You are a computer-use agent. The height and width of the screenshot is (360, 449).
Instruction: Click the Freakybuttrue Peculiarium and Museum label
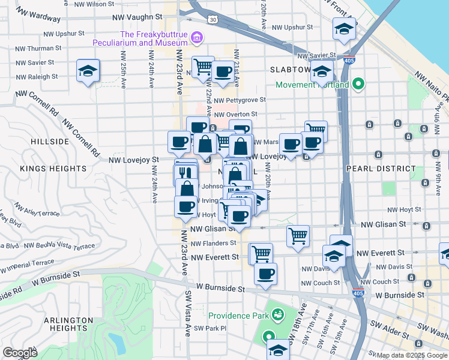[x=139, y=38]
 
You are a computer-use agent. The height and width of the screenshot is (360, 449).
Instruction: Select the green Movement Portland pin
[x=359, y=84]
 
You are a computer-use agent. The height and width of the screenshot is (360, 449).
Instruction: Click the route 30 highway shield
[x=212, y=20]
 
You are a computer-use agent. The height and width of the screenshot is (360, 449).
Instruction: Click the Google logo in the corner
[x=20, y=352]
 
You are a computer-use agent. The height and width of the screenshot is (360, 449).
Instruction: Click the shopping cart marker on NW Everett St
[x=261, y=253]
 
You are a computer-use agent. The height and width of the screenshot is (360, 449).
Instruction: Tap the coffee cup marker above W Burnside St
[x=265, y=274]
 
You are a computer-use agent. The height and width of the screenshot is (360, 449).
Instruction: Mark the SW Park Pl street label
[x=210, y=328]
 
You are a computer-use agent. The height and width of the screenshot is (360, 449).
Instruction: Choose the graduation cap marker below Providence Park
[x=278, y=350]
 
